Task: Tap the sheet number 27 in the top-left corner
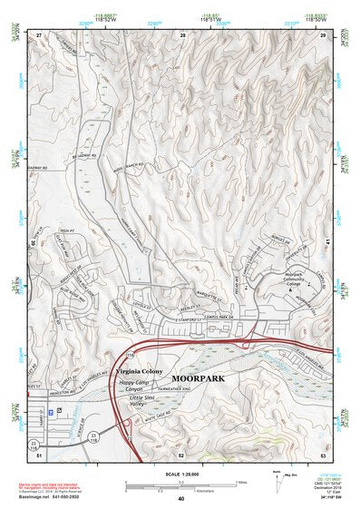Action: click(x=38, y=34)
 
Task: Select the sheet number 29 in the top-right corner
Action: click(x=323, y=34)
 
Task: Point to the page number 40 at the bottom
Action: click(x=180, y=498)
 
